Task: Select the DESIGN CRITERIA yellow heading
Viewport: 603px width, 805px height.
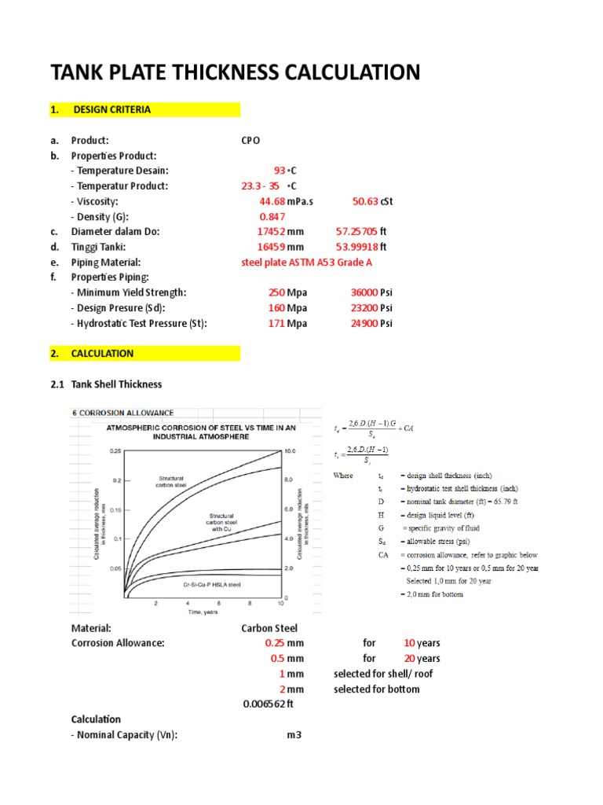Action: click(x=111, y=109)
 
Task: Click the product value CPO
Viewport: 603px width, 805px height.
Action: click(x=250, y=141)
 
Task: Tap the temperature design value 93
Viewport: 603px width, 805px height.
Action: click(x=280, y=171)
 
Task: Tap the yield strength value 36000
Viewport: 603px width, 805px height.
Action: click(x=364, y=292)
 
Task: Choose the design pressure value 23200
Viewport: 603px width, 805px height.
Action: click(x=364, y=308)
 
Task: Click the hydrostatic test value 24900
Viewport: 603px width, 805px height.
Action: click(x=364, y=323)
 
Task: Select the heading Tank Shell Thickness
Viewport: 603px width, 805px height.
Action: click(x=116, y=384)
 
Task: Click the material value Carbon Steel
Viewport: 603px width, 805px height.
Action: click(x=269, y=628)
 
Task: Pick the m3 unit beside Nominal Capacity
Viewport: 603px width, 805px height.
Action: click(x=294, y=735)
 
